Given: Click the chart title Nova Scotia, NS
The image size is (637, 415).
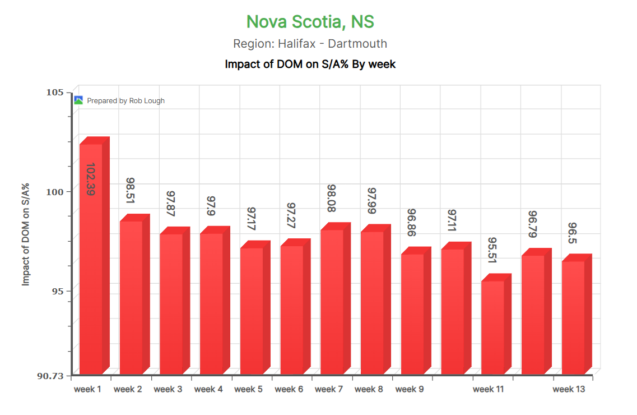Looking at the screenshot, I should [310, 22].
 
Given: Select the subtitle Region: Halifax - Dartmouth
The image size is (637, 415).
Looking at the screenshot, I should [310, 44].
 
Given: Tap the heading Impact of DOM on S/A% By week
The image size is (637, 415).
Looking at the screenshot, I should [310, 64].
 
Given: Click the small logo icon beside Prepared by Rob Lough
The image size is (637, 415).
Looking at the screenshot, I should [79, 100].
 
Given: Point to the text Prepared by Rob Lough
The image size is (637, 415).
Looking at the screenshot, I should [126, 101].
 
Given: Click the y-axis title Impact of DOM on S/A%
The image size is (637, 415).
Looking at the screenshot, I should [26, 234].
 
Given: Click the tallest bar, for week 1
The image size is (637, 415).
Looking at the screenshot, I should [91, 258].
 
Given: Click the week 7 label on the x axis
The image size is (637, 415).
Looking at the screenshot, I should [329, 389].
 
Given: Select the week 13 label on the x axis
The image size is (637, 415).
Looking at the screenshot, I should [569, 389].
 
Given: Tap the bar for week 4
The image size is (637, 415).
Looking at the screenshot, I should [211, 303].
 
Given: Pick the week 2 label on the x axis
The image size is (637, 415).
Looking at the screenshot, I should [128, 389].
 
